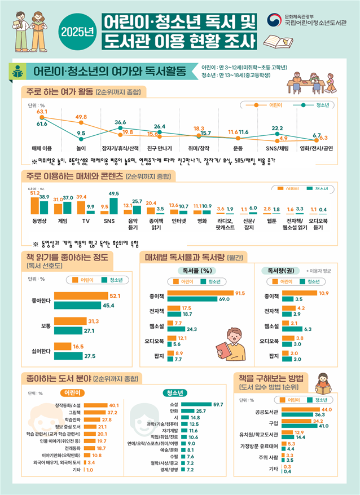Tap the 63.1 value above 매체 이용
[x=42, y=112]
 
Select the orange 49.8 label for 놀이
[x=81, y=117]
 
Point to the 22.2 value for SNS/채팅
[x=277, y=128]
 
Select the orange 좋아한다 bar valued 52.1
[x=81, y=295]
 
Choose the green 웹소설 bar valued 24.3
[x=175, y=329]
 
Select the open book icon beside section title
[x=18, y=72]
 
